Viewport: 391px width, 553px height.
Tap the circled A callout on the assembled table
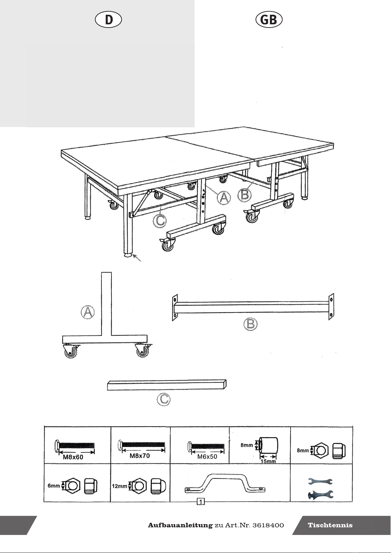click(x=224, y=198)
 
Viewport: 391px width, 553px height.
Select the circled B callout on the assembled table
click(x=244, y=195)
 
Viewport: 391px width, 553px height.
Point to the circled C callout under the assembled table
click(x=160, y=221)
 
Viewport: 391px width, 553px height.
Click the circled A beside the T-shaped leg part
click(x=88, y=312)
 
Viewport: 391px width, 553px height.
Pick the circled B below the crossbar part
click(x=250, y=324)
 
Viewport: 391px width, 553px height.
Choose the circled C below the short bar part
click(x=164, y=399)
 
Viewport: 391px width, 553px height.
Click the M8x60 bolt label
click(x=73, y=457)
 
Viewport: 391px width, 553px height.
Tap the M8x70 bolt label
click(x=140, y=456)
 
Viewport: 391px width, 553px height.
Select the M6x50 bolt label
click(x=207, y=457)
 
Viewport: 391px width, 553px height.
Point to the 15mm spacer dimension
click(x=268, y=461)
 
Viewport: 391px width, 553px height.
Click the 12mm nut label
click(x=119, y=486)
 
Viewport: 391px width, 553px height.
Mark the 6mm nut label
click(x=54, y=486)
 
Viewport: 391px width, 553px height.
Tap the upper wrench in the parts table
click(x=320, y=481)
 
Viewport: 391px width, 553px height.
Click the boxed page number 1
click(x=201, y=502)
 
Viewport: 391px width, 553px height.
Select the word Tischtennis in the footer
click(x=330, y=525)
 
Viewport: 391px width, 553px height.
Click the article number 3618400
click(x=268, y=525)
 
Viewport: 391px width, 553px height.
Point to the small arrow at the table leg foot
click(x=137, y=258)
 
